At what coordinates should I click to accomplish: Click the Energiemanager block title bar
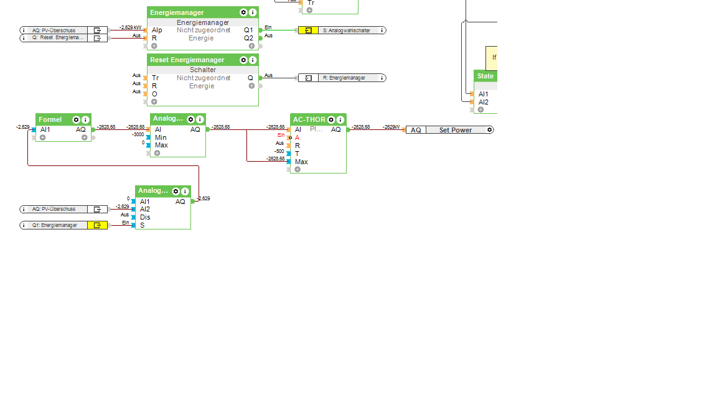[187, 12]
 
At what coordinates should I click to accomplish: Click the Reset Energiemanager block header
[187, 60]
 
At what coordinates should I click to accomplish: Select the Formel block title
[50, 119]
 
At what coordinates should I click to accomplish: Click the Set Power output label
[455, 130]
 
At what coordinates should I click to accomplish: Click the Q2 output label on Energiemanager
[248, 38]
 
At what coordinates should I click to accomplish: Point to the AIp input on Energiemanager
[157, 30]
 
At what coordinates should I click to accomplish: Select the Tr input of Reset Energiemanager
[155, 78]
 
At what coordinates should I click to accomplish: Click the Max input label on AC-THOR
[301, 162]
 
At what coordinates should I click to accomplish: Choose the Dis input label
[145, 217]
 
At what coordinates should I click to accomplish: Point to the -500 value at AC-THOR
[279, 151]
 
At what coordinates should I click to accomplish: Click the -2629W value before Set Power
[391, 127]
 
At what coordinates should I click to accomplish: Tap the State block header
[485, 76]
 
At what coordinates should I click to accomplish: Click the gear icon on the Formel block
[76, 119]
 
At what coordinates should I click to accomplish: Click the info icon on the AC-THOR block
[340, 119]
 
